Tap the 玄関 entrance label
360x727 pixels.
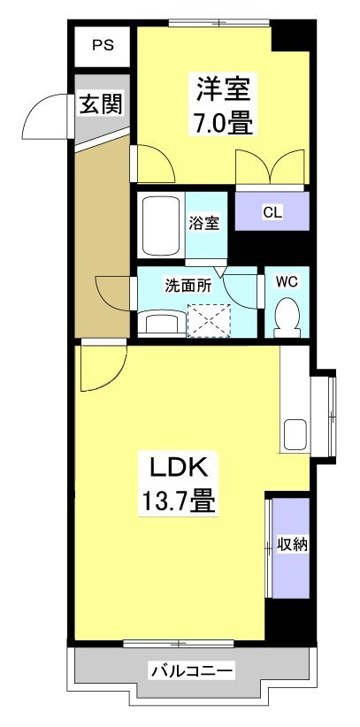pyautogui.click(x=101, y=103)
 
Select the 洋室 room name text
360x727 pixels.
pyautogui.click(x=224, y=89)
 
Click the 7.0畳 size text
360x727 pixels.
pyautogui.click(x=224, y=121)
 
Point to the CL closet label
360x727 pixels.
pyautogui.click(x=272, y=212)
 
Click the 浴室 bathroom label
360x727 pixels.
pyautogui.click(x=204, y=223)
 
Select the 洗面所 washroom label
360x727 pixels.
pyautogui.click(x=187, y=286)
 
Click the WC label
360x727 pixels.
pyautogui.click(x=287, y=283)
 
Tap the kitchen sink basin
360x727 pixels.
pyautogui.click(x=294, y=435)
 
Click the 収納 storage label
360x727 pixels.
pyautogui.click(x=292, y=545)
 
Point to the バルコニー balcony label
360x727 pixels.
pyautogui.click(x=191, y=672)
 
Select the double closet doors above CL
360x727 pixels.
pyautogui.click(x=272, y=167)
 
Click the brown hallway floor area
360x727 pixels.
pyautogui.click(x=100, y=239)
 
